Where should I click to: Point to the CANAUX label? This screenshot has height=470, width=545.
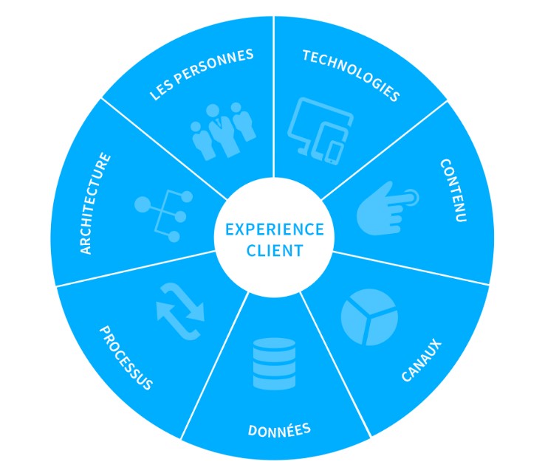pos(421,360)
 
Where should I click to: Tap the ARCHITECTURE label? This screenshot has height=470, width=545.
pos(97,203)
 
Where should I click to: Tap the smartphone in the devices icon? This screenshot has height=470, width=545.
pos(334,151)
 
